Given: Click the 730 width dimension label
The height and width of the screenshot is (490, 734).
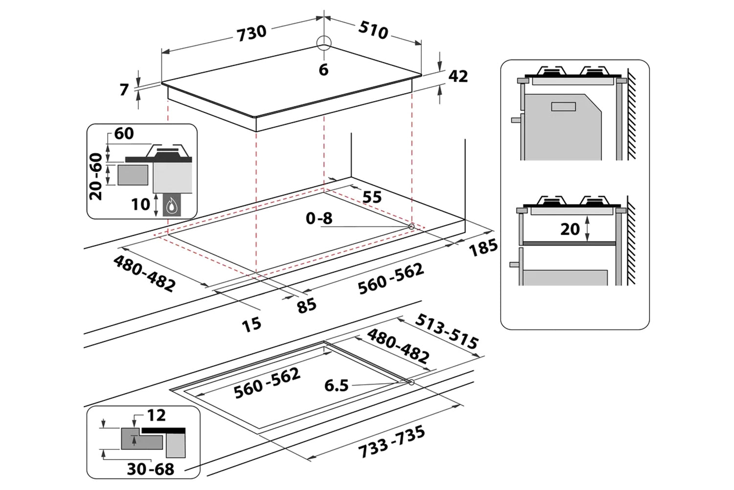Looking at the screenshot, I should click(x=252, y=32).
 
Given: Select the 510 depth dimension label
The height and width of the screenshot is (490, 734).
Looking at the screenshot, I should click(x=373, y=30).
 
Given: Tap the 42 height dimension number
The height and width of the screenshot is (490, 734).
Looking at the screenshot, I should click(x=458, y=76).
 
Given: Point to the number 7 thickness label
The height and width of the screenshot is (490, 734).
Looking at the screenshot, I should click(x=124, y=90).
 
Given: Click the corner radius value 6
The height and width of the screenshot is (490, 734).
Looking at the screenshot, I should click(x=323, y=70).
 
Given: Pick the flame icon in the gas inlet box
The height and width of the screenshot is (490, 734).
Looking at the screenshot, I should click(x=171, y=207).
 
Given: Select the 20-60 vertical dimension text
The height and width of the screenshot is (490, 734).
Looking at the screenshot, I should click(x=97, y=176).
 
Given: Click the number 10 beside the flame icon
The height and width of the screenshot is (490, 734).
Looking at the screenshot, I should click(x=140, y=204).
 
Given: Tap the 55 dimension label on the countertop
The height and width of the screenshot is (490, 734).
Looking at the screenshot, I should click(x=371, y=197).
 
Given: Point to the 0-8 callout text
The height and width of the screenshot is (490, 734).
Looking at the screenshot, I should click(x=319, y=218).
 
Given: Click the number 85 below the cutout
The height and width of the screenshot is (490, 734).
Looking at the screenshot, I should click(x=307, y=306).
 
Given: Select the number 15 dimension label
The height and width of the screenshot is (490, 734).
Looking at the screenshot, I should click(x=252, y=324).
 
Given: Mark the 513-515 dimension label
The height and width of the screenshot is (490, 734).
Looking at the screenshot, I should click(x=446, y=332).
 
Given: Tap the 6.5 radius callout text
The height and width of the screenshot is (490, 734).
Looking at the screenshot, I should click(x=337, y=386).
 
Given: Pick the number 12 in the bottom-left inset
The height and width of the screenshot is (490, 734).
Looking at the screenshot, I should click(x=156, y=416).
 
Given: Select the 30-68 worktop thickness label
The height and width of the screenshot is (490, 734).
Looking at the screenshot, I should click(x=150, y=469).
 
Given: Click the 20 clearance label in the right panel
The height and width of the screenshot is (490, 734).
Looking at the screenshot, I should click(x=570, y=229).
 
